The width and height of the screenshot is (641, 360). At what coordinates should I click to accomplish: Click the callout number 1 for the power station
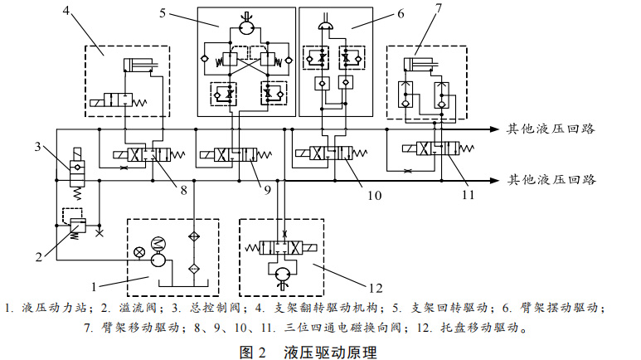(x=96, y=285)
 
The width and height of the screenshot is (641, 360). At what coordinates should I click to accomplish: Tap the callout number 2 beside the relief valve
(x=39, y=256)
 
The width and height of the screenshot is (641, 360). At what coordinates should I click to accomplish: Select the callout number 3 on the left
(x=38, y=148)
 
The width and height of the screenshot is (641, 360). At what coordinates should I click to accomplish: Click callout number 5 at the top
(x=164, y=12)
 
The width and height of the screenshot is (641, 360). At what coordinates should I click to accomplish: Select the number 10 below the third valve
(x=374, y=197)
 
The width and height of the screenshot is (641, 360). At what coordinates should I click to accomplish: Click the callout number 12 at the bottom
(x=374, y=288)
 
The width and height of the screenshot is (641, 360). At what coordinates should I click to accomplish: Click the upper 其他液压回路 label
(x=551, y=129)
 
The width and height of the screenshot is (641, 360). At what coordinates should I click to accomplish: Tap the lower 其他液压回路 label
(x=551, y=179)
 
